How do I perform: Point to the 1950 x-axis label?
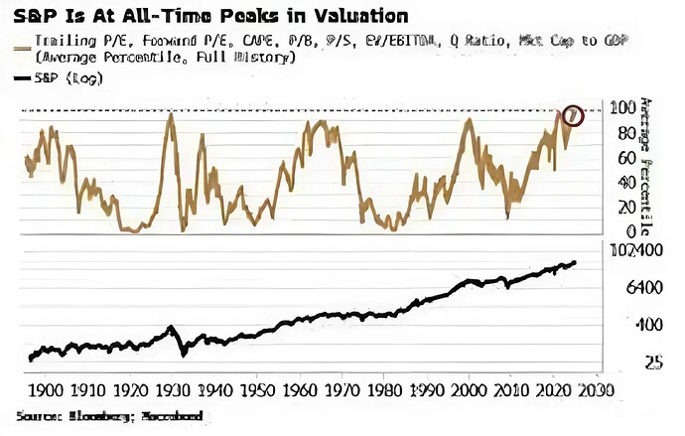pos(257,388)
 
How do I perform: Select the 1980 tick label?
pos(387,388)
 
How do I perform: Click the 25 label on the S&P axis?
pos(626,363)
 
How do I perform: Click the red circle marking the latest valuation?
pos(571,115)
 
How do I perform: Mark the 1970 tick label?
pos(344,388)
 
